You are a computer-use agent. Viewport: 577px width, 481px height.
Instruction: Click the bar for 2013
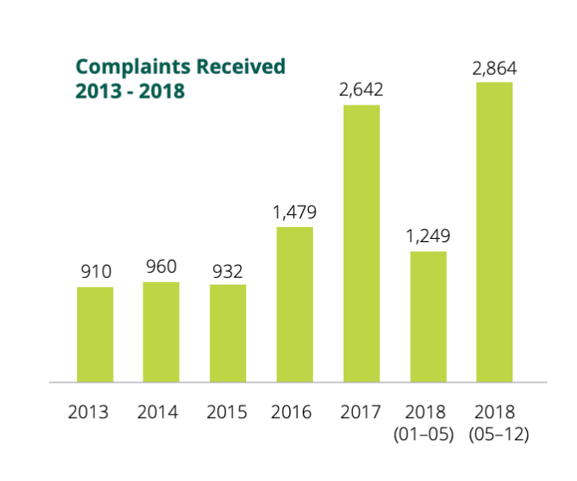click(x=95, y=335)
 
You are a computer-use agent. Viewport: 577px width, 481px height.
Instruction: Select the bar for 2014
click(x=161, y=332)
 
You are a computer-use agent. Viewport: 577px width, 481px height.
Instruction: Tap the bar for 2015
click(x=227, y=333)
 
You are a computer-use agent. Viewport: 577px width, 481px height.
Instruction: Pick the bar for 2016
click(x=294, y=304)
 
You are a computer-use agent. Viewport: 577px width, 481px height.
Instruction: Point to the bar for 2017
click(x=361, y=244)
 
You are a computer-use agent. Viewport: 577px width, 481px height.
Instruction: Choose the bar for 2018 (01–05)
click(x=428, y=316)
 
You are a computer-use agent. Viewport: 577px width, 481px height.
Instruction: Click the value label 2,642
click(x=361, y=91)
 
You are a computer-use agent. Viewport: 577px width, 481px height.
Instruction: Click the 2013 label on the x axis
click(x=89, y=413)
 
